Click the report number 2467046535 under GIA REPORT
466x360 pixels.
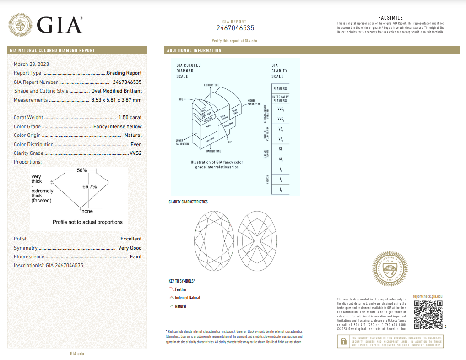point(235,28)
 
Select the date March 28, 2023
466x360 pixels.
point(31,64)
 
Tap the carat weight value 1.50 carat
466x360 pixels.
point(130,118)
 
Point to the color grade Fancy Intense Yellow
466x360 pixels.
point(117,126)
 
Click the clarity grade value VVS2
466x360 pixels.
point(136,153)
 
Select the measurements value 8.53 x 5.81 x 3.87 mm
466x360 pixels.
point(116,100)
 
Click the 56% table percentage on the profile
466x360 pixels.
point(82,170)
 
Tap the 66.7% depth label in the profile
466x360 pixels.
point(89,187)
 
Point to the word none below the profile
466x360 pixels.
point(87,211)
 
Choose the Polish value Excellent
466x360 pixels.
point(131,239)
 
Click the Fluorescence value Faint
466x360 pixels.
point(135,257)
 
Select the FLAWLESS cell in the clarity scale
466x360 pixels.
point(281,89)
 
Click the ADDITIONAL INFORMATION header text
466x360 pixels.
point(194,50)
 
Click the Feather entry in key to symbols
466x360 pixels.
point(180,289)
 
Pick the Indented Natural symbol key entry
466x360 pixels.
point(187,298)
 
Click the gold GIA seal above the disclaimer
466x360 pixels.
point(390,269)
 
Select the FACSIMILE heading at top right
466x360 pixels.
point(390,18)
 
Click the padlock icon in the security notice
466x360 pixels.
point(342,341)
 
